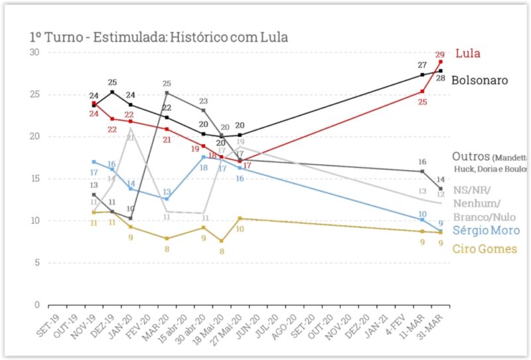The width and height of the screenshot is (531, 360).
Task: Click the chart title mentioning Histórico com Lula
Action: [159, 37]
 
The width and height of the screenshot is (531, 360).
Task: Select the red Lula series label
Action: [468, 54]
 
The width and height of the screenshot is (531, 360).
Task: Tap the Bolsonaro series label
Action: [479, 80]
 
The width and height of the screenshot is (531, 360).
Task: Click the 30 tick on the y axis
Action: [35, 52]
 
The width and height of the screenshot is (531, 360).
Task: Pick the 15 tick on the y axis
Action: [35, 179]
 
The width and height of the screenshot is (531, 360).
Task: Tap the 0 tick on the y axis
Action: [37, 305]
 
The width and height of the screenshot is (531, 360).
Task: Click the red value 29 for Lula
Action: [440, 55]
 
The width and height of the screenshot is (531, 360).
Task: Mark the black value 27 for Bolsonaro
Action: [422, 65]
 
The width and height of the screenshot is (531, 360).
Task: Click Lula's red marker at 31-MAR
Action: [440, 62]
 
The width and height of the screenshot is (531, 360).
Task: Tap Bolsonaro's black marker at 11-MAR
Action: [422, 74]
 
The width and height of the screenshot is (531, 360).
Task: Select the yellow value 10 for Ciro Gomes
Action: [240, 228]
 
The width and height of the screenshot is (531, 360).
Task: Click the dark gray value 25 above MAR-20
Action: [167, 84]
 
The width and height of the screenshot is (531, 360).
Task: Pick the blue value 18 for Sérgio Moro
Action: [204, 168]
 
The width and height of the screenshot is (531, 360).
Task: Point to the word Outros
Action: [471, 157]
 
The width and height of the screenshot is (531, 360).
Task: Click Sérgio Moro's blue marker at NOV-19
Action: [94, 161]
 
